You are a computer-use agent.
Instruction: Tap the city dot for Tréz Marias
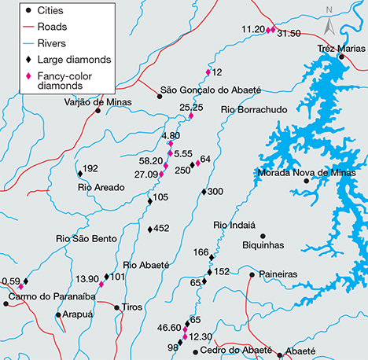coord(340,57)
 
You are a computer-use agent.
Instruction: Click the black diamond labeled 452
coord(149,229)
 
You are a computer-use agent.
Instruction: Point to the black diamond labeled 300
coord(203,192)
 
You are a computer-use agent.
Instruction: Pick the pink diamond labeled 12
coord(208,72)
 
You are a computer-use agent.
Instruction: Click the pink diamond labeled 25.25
coord(190,117)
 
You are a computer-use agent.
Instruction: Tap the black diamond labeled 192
coord(79,169)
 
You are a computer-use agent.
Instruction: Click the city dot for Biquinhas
coord(263,236)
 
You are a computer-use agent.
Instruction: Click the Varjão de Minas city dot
coord(98,111)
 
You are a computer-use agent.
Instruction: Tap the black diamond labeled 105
coord(149,201)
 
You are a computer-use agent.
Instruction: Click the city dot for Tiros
coord(116,307)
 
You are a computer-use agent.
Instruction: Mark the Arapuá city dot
coord(58,314)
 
